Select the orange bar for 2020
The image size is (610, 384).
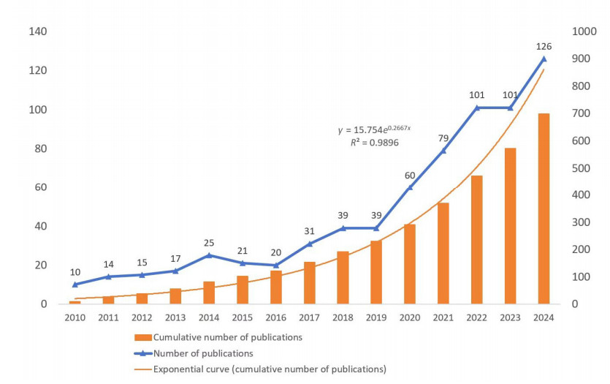pyautogui.click(x=410, y=264)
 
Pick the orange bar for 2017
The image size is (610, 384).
pyautogui.click(x=310, y=282)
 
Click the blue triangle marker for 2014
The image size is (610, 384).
pyautogui.click(x=209, y=255)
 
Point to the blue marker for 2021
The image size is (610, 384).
pyautogui.click(x=443, y=151)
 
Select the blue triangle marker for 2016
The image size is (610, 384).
pyautogui.click(x=276, y=265)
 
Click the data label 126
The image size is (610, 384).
pyautogui.click(x=544, y=45)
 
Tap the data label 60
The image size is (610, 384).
pyautogui.click(x=410, y=175)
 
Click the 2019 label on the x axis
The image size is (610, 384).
pyautogui.click(x=376, y=317)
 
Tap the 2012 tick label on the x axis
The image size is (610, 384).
pyautogui.click(x=142, y=317)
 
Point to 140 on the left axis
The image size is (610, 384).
pyautogui.click(x=37, y=32)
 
